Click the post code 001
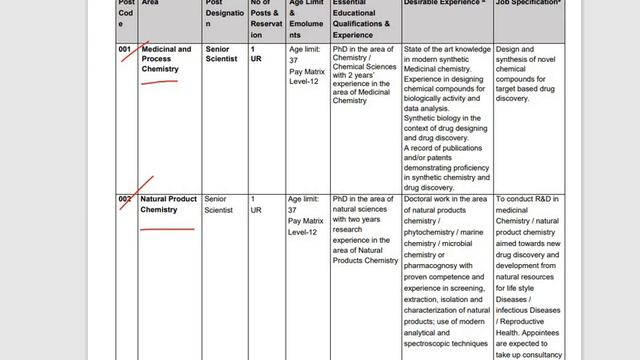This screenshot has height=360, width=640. point(124,49)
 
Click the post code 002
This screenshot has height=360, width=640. point(124,200)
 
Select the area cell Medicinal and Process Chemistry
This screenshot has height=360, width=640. point(166,59)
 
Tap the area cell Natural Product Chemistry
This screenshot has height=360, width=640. point(168,204)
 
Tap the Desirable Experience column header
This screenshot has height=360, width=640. point(444,4)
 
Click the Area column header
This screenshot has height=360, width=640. point(151,4)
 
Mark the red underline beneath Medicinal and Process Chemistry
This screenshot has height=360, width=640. point(160,83)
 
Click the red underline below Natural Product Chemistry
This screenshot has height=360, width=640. point(167,229)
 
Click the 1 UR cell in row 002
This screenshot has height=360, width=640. point(256,204)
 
